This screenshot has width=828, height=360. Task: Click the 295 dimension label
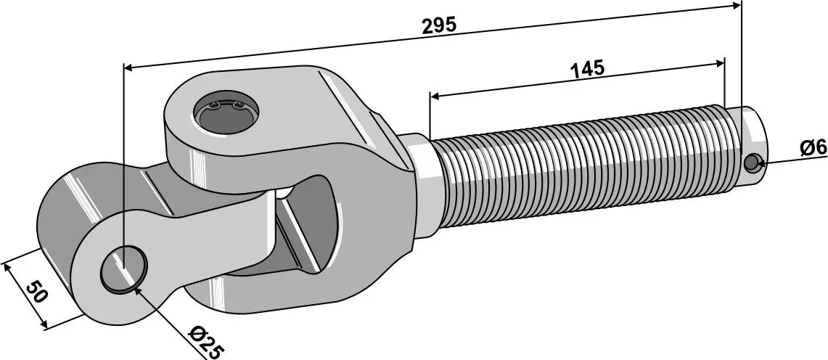point(439,25)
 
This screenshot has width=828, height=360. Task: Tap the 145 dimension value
point(586,69)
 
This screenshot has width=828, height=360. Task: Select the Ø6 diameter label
point(813,149)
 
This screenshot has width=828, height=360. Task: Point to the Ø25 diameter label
point(206,343)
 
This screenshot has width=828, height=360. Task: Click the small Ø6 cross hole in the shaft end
point(751,163)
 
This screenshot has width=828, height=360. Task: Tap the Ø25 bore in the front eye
point(123,268)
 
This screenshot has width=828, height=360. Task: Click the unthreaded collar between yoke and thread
point(421,186)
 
